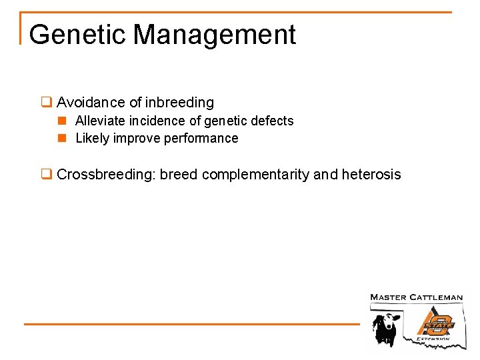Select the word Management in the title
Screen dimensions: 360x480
215,35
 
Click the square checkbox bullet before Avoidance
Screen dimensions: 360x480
46,103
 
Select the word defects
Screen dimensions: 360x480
272,121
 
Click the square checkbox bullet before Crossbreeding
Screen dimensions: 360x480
46,175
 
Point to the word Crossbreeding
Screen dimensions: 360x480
106,175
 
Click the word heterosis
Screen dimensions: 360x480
371,175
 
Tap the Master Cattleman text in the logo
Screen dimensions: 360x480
416,297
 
